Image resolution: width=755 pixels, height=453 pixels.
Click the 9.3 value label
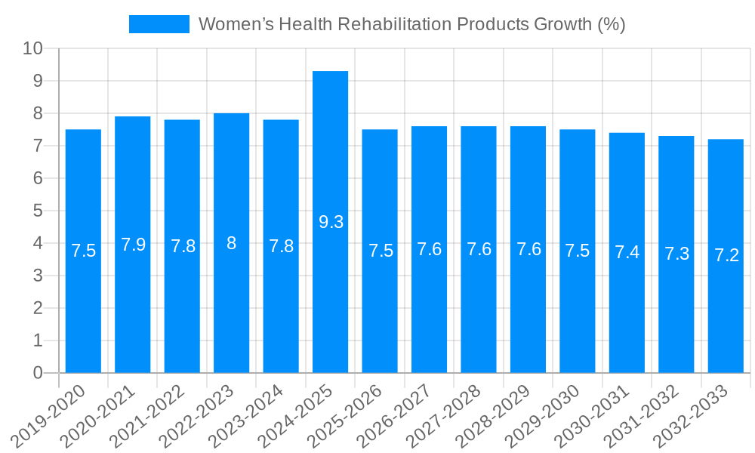point(331,222)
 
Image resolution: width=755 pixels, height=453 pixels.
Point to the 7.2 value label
point(726,255)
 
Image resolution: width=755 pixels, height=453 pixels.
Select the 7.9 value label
point(133,245)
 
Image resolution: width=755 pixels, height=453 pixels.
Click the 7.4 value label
point(627,252)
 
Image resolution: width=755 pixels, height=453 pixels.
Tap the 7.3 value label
point(676,254)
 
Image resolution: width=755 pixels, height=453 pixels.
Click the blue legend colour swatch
point(159,24)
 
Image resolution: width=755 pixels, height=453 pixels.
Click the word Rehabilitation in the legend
point(395,24)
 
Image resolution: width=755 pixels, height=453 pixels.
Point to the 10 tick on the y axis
point(33,48)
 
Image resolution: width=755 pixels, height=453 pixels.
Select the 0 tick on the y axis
point(39,373)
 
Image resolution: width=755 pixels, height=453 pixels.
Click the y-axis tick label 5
point(39,211)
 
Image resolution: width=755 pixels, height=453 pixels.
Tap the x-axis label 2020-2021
point(98,415)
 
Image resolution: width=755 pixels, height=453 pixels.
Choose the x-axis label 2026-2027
point(395,415)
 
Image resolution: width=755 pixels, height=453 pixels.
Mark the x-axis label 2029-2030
point(543,415)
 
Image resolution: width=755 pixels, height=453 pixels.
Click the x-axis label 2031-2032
point(642,415)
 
